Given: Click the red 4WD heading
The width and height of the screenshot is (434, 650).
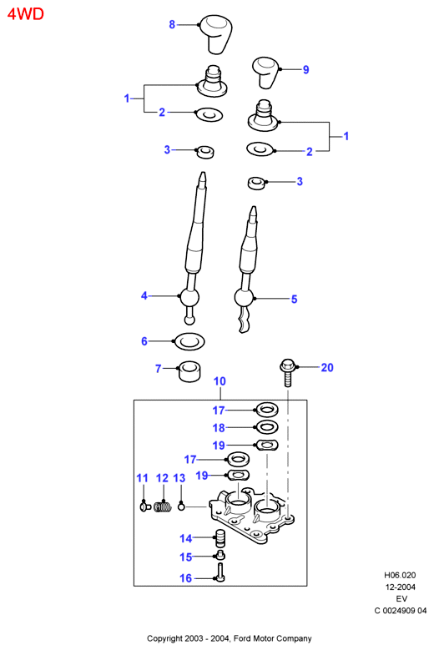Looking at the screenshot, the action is click(25, 14).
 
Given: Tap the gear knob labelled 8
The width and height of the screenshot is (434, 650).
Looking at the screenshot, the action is click(215, 34).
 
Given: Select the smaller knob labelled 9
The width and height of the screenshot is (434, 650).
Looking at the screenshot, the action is click(266, 72).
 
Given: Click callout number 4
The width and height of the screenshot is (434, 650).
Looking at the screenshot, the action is click(144, 295).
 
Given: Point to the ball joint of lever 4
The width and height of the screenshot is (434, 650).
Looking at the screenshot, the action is click(189, 298).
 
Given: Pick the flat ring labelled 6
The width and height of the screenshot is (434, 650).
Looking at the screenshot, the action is click(189, 341).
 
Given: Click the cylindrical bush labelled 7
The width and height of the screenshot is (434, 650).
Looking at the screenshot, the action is click(189, 370).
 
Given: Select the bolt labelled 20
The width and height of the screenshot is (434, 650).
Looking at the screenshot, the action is click(286, 372).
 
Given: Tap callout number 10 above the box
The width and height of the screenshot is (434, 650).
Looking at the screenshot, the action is click(220, 381).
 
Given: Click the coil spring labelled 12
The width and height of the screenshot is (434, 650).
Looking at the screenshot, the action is click(163, 506).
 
